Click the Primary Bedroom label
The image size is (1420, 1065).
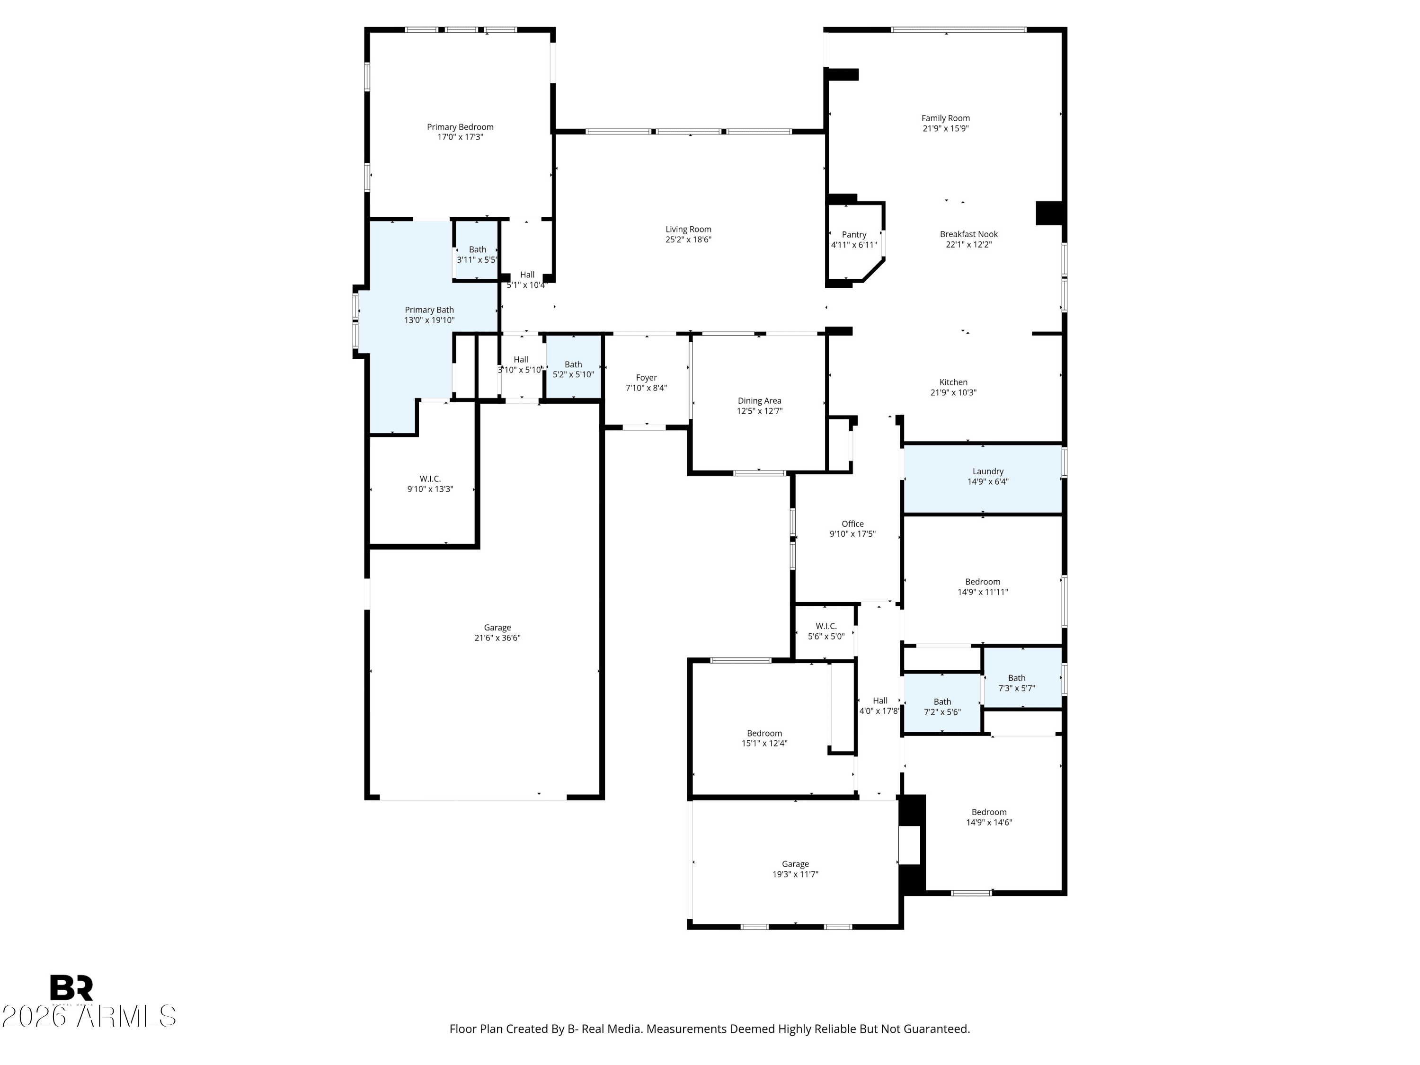[x=460, y=127]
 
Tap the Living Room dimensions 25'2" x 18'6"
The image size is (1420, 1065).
[x=688, y=240]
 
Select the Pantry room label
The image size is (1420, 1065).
[x=854, y=235]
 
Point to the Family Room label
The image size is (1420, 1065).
[x=946, y=118]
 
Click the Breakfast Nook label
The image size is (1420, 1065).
[x=969, y=234]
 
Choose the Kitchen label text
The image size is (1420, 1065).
[x=953, y=382]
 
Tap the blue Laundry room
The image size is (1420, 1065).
[x=983, y=479]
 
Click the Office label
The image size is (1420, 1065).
[x=852, y=524]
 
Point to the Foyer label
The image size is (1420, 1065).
[x=647, y=378]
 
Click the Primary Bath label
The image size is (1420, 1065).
[x=429, y=310]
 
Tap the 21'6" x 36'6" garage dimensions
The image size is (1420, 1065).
[x=497, y=638]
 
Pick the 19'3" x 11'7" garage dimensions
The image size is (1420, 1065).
[x=795, y=874]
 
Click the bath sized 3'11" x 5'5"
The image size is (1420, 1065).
[x=477, y=250]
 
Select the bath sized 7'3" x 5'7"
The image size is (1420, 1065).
[x=1022, y=677]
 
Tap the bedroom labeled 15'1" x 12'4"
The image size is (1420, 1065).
[x=764, y=738]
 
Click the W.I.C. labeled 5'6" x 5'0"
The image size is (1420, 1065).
[x=826, y=631]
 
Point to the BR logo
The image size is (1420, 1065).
[x=71, y=988]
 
